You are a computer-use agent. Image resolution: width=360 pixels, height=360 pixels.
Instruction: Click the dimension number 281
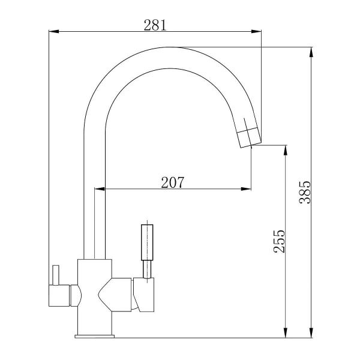(x=155, y=25)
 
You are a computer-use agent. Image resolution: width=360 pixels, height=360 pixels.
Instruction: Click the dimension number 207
(x=173, y=182)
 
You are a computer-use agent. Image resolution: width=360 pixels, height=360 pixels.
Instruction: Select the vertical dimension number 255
(x=280, y=241)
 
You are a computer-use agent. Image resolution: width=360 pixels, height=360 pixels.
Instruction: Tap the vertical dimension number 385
(x=305, y=193)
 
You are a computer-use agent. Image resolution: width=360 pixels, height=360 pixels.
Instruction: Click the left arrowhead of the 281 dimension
(x=54, y=31)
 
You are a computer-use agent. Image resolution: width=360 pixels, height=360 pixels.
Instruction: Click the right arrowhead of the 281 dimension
(x=256, y=31)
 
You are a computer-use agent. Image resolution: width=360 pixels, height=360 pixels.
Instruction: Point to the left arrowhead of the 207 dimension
(x=100, y=189)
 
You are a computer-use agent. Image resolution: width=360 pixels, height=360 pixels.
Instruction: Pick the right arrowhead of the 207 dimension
(x=246, y=189)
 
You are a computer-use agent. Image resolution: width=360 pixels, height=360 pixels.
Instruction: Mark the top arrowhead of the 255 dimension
(x=286, y=150)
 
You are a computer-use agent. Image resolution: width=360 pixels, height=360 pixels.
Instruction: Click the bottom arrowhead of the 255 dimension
(x=286, y=333)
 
